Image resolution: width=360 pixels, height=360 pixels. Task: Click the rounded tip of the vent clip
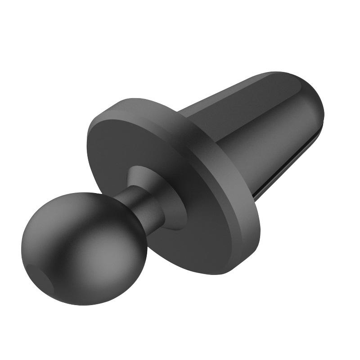[315, 103]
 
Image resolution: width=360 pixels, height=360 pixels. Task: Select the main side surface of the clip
[274, 135]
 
